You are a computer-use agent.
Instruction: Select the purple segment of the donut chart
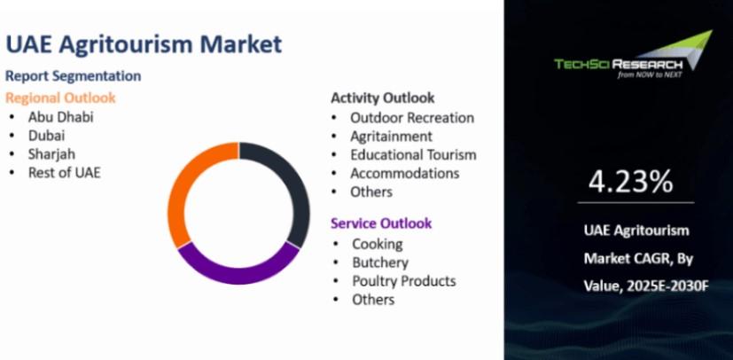click(238, 275)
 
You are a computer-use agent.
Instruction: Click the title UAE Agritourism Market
click(144, 45)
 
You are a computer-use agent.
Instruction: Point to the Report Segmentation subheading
click(73, 75)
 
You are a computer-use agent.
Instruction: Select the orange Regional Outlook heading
click(60, 98)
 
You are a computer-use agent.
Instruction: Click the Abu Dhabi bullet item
click(61, 117)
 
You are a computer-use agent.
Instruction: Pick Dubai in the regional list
click(46, 136)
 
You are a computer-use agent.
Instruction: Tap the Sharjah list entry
click(51, 154)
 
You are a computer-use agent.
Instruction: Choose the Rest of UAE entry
click(64, 173)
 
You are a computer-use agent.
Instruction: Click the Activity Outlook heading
click(383, 98)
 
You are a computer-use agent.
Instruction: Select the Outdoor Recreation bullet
click(412, 118)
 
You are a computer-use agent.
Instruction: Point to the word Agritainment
click(391, 137)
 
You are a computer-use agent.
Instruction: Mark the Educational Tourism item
click(413, 155)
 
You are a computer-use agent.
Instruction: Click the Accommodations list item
click(405, 174)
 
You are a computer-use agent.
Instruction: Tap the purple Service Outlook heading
click(381, 223)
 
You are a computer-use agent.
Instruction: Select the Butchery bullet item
click(380, 262)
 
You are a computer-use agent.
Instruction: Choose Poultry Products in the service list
click(404, 281)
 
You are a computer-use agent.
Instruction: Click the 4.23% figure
click(630, 182)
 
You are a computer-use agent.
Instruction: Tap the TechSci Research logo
click(634, 55)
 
